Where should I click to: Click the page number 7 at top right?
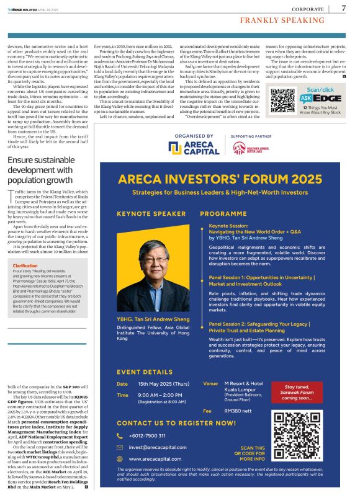tap(344, 8)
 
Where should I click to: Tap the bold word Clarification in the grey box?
tap(27, 283)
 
